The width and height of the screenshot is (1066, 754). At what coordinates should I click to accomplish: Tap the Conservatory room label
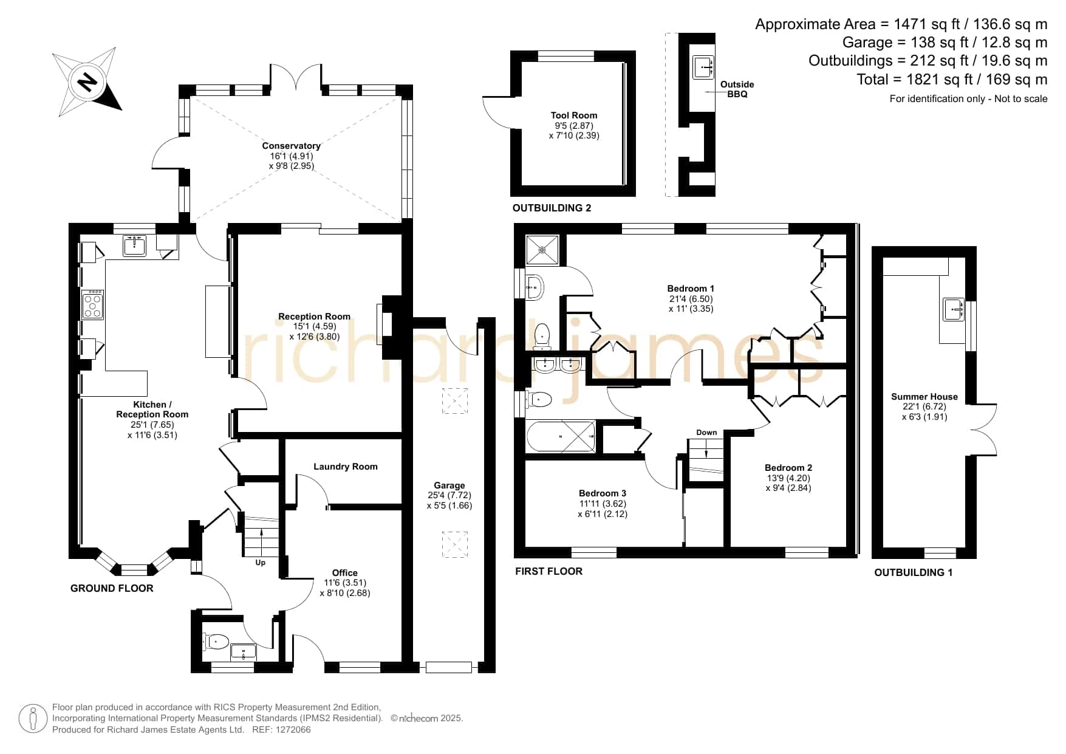coord(292,146)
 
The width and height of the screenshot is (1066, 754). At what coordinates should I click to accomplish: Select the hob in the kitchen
coord(92,304)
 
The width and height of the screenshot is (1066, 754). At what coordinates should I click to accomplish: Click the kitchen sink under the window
coord(134,246)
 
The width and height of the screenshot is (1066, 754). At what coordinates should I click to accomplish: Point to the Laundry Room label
coord(346,467)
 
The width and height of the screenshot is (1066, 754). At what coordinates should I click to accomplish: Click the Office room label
coord(345,573)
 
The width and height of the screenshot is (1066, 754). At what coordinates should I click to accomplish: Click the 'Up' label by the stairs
coord(261,563)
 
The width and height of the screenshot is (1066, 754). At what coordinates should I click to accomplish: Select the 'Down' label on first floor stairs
coord(706,433)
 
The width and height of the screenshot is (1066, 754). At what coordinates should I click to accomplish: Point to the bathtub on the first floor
coord(561,436)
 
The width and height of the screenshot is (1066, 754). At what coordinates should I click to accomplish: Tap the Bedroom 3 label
coord(603,493)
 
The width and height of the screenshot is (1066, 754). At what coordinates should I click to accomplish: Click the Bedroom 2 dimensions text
coord(788,483)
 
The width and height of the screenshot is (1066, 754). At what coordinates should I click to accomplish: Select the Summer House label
coord(924,397)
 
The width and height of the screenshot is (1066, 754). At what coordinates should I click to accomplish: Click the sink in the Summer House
coord(953,309)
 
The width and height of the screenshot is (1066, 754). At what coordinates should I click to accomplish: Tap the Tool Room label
coord(574,115)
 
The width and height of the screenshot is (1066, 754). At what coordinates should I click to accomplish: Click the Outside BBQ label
coord(737,89)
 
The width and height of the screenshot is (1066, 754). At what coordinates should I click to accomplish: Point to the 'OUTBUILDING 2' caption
coord(552,208)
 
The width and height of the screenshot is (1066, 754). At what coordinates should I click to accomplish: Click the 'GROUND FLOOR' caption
coord(112,588)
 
